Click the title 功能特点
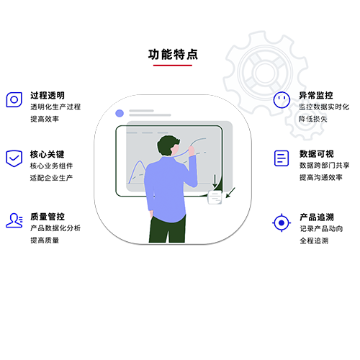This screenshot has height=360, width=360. point(173,55)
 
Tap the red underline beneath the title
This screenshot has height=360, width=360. point(173,65)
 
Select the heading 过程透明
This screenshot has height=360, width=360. point(48,95)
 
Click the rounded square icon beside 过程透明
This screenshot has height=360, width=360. point(14,99)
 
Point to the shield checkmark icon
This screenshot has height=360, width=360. point(14,158)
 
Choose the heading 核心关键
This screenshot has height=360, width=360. point(48,154)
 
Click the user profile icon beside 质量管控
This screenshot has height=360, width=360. point(14,220)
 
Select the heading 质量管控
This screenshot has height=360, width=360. point(48,217)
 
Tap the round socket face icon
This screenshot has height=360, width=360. point(282,100)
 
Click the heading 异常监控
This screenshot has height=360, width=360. point(316,95)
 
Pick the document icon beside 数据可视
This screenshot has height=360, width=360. point(282,158)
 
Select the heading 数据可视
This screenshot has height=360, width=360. point(317,154)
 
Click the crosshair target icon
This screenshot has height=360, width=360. point(282,222)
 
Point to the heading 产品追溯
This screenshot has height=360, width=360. point(317,217)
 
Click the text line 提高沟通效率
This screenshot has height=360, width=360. point(321,177)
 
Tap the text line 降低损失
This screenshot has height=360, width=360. point(313,119)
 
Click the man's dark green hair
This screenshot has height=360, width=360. point(168,144)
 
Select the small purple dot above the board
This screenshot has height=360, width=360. point(120,113)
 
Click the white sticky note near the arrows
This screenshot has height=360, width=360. point(215,197)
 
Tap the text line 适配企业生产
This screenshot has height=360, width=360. point(51,178)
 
